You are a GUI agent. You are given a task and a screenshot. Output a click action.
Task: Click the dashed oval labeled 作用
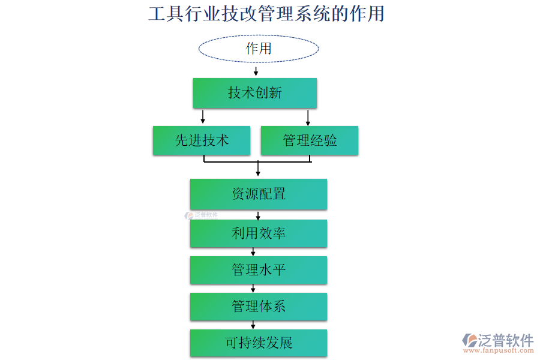point(259,49)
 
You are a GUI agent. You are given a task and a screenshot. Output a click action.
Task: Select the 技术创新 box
point(255,93)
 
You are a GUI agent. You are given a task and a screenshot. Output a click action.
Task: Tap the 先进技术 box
point(202,140)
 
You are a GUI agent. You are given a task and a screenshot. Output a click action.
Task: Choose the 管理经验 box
point(310,140)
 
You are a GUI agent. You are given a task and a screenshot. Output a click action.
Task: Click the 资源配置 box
point(259,194)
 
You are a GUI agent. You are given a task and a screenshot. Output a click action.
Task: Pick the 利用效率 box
point(259,233)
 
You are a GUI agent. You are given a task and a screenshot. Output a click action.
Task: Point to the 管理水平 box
point(259,270)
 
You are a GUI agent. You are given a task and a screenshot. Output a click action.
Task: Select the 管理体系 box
point(259,307)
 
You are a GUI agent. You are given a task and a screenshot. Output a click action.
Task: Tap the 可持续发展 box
point(259,343)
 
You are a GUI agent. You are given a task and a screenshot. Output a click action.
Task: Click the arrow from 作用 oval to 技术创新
point(256,71)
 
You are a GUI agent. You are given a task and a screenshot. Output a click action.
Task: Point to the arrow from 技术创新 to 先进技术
point(203,116)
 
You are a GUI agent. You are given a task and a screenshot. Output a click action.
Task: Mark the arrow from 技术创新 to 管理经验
point(308,116)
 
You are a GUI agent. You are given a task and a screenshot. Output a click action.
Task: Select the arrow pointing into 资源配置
point(258,169)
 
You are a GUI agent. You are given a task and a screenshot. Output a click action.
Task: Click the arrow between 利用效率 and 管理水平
point(253,251)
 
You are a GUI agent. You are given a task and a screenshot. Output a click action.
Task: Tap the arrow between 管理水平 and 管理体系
point(253,288)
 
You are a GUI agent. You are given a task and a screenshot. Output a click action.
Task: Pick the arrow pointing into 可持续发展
point(253,325)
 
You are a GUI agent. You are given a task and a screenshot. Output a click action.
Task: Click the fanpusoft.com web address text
point(500,352)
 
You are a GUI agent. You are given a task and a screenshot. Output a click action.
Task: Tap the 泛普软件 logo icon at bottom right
point(469,341)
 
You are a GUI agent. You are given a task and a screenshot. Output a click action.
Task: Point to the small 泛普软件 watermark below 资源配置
point(202,214)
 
